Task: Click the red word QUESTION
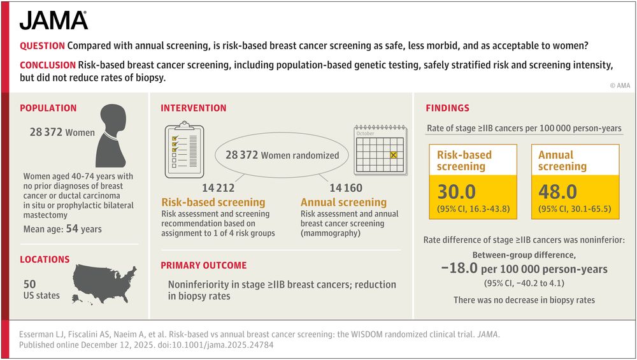42,47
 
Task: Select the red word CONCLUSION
47,66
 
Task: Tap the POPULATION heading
48,108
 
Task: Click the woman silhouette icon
109,140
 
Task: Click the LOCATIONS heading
45,259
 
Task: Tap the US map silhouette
104,280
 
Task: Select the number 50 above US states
30,284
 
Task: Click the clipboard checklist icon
184,151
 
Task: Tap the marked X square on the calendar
394,154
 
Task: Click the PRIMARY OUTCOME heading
203,265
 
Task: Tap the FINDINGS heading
447,108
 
